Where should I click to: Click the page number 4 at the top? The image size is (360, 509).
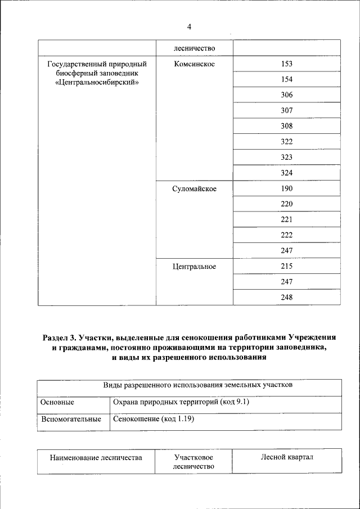189,27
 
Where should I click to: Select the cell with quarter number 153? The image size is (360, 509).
287,64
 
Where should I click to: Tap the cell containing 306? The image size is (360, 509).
287,95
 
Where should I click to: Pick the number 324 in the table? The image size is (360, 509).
287,173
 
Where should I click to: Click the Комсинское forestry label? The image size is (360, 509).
194,64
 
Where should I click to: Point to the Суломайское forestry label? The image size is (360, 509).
194,188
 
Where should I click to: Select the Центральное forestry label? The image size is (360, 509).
194,266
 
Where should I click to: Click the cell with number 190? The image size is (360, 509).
287,188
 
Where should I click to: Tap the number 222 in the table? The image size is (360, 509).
287,235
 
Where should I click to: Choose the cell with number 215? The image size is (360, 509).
287,266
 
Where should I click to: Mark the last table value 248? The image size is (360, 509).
287,297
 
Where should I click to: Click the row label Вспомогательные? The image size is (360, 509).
71,419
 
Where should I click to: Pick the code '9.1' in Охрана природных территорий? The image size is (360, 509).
242,403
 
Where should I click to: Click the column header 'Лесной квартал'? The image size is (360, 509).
287,457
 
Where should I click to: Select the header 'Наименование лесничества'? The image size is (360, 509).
96,458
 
